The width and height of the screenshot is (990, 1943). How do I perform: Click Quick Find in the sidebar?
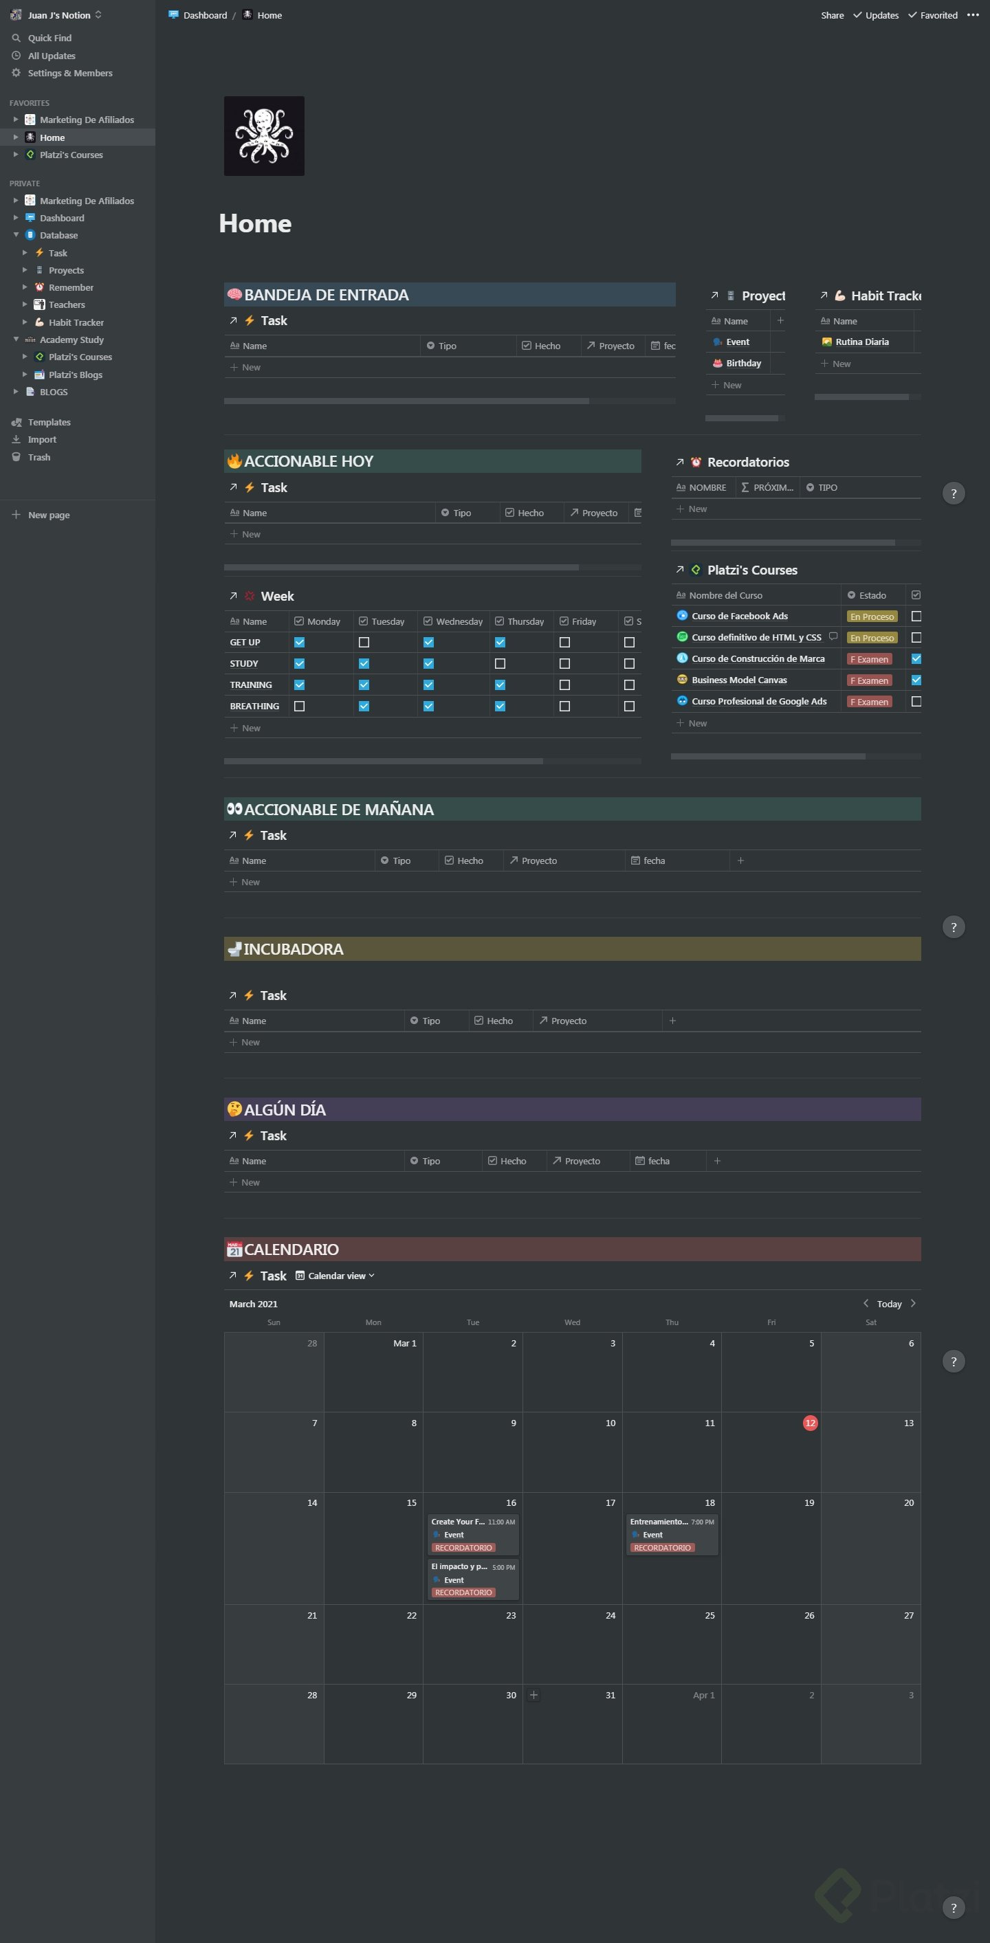click(x=49, y=38)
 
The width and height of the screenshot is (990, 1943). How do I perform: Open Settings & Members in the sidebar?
click(x=69, y=73)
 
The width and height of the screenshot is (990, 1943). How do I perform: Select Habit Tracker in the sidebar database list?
click(x=76, y=322)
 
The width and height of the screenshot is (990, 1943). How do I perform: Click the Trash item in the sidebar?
click(x=38, y=457)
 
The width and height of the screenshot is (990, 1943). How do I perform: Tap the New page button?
click(x=48, y=515)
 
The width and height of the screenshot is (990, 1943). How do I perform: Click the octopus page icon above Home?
click(x=264, y=136)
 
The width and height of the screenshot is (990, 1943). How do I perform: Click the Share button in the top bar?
click(x=833, y=15)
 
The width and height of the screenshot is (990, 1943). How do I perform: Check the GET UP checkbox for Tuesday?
click(x=364, y=643)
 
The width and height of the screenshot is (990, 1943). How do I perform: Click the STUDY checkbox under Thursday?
click(x=500, y=664)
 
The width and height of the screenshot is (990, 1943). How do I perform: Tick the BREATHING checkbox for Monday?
click(x=300, y=707)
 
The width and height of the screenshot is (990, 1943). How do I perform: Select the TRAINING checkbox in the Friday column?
click(x=564, y=685)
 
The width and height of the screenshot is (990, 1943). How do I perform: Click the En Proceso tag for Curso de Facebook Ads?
click(x=872, y=617)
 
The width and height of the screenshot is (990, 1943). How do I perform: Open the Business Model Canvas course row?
click(x=739, y=680)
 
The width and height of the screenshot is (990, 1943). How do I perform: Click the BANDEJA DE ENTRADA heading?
click(x=326, y=295)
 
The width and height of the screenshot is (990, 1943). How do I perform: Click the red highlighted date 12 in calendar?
click(x=810, y=1423)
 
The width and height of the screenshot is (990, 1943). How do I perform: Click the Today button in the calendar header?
click(x=889, y=1304)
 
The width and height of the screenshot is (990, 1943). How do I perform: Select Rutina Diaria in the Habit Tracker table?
click(x=861, y=342)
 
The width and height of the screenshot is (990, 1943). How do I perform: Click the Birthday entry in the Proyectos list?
click(x=743, y=364)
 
